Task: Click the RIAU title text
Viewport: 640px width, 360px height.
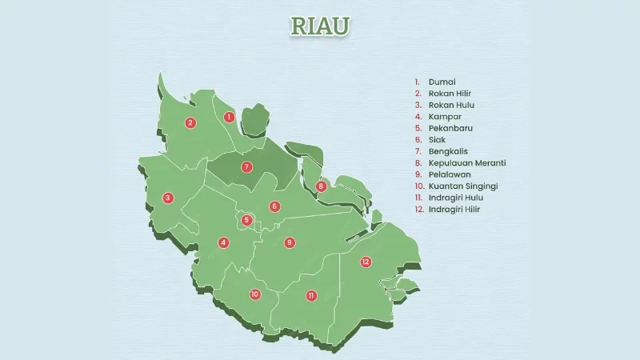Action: (x=320, y=26)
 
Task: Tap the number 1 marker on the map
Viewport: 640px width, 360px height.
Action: (x=229, y=117)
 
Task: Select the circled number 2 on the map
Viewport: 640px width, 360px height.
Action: (x=190, y=122)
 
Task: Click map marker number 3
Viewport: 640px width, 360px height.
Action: (x=168, y=198)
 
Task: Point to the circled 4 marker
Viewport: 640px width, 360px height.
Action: (x=224, y=242)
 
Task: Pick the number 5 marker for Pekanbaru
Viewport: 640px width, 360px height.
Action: (x=247, y=220)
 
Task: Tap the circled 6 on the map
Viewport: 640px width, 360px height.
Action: (x=274, y=206)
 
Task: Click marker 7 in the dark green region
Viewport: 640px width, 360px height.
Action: (x=247, y=166)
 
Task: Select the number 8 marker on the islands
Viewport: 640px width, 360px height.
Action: (x=321, y=186)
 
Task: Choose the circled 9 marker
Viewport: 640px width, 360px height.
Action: (x=290, y=242)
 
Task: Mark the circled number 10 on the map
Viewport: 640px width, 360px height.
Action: (x=255, y=294)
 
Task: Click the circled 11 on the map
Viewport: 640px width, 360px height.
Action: (x=311, y=295)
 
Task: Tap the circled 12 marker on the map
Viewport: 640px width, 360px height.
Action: (x=366, y=262)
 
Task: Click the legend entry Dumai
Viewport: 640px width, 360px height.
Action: (x=442, y=82)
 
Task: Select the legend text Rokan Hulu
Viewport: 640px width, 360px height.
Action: (x=451, y=105)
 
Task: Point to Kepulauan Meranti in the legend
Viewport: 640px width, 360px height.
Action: (x=467, y=162)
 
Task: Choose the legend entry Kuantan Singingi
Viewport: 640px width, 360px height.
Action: (x=463, y=186)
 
